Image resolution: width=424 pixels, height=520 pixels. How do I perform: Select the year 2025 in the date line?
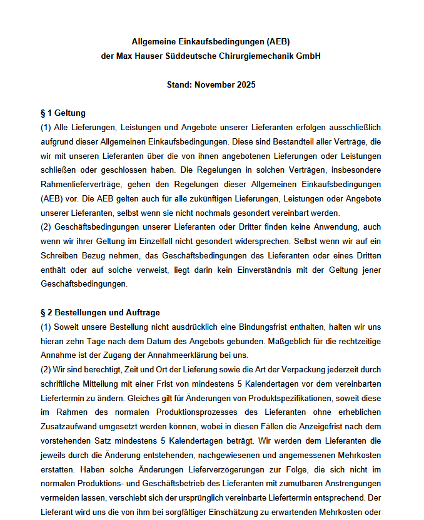pyautogui.click(x=246, y=84)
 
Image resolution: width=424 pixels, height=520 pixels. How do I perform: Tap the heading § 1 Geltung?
pyautogui.click(x=63, y=113)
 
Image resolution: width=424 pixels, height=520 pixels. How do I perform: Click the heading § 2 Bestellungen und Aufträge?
pyautogui.click(x=99, y=312)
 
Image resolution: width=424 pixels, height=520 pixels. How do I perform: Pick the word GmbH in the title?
pyautogui.click(x=309, y=56)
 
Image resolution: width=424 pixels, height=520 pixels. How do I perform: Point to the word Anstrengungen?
pyautogui.click(x=352, y=483)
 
